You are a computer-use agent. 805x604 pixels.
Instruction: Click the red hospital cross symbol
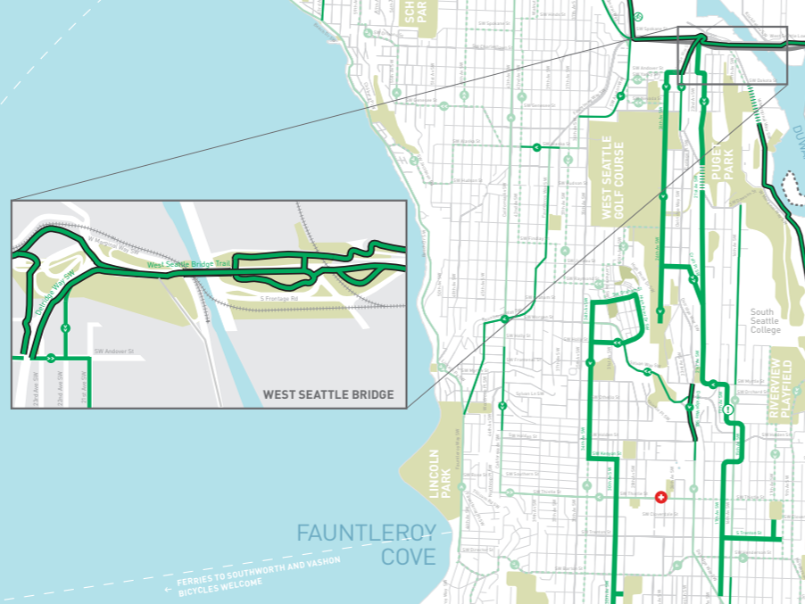click(x=660, y=497)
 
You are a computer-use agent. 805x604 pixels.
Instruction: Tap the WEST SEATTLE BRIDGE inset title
click(x=328, y=394)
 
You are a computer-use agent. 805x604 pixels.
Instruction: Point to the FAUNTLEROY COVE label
click(x=366, y=545)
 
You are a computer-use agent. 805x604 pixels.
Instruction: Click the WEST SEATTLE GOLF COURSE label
click(x=613, y=178)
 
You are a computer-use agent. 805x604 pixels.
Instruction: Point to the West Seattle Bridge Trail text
click(x=188, y=265)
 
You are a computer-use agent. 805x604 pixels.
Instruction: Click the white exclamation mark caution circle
click(x=729, y=410)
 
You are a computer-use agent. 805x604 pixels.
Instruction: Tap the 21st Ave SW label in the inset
click(x=84, y=386)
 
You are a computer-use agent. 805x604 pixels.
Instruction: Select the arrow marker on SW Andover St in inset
click(x=51, y=359)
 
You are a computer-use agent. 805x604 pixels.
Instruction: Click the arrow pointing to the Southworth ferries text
click(x=169, y=589)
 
